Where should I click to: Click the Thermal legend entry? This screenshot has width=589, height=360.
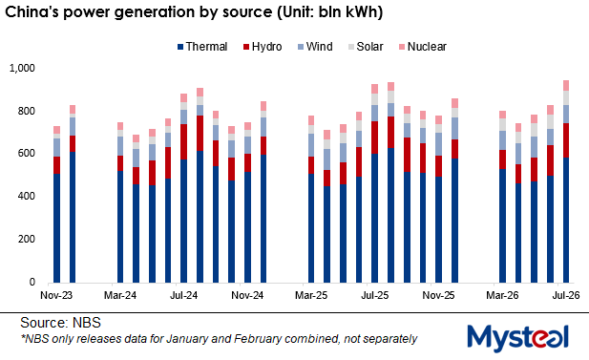pos(202,47)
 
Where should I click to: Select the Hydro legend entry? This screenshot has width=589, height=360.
pos(263,47)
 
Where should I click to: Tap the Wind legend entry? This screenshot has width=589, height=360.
pos(315,47)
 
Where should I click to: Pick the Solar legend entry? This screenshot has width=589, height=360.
pos(366,47)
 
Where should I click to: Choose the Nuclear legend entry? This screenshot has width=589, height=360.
pos(423,47)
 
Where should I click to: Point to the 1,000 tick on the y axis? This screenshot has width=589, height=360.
pos(22,68)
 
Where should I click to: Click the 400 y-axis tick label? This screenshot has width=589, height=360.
pos(26,196)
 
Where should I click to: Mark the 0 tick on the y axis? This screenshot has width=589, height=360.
pos(32,282)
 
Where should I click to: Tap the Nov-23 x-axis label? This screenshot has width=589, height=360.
pos(56,295)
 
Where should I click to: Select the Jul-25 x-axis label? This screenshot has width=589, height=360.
pos(375,295)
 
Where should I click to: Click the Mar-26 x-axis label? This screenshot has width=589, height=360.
pos(502,295)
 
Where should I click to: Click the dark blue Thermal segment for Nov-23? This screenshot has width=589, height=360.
pos(56,228)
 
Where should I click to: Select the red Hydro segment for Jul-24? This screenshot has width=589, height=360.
pos(183,141)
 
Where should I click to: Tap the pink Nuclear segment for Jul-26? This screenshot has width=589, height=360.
pos(566,85)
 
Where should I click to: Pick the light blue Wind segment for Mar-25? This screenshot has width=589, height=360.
pos(311,145)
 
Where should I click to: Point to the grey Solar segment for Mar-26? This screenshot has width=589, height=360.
pos(502,124)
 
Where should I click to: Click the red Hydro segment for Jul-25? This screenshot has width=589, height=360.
pos(375,138)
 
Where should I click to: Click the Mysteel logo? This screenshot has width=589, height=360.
pos(518,338)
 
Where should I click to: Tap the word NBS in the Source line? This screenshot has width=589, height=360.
pos(87,323)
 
